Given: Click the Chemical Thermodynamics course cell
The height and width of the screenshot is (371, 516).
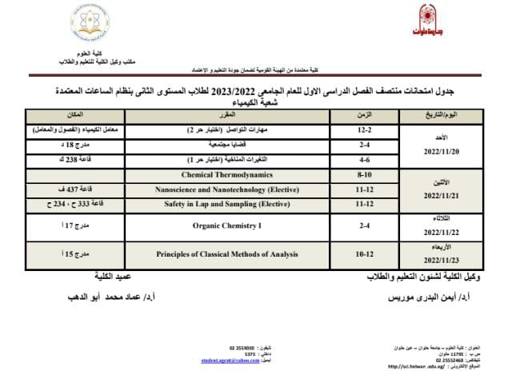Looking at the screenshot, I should (x=226, y=174).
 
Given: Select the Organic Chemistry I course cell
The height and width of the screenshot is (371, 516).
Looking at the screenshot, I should (x=226, y=226).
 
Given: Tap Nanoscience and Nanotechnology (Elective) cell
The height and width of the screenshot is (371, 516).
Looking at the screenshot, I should (x=226, y=189).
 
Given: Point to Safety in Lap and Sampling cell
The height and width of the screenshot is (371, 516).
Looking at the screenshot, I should (x=226, y=204).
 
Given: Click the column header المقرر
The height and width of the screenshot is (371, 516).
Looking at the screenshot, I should (x=226, y=116).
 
